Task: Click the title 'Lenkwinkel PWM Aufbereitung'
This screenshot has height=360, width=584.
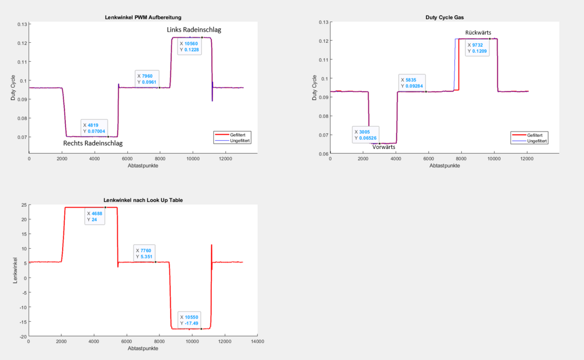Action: pyautogui.click(x=143, y=18)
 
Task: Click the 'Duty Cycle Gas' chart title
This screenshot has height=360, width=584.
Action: pyautogui.click(x=444, y=18)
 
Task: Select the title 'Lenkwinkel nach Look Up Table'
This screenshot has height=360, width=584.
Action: pyautogui.click(x=143, y=200)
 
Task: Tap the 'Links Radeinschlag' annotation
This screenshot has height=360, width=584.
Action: pyautogui.click(x=194, y=30)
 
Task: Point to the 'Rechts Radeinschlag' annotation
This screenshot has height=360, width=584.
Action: pyautogui.click(x=93, y=144)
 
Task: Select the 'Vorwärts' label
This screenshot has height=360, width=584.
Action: pyautogui.click(x=383, y=147)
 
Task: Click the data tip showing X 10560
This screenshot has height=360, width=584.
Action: pyautogui.click(x=189, y=46)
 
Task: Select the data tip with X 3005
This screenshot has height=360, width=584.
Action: pyautogui.click(x=366, y=135)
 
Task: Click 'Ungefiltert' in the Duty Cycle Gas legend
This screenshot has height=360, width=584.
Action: pyautogui.click(x=537, y=141)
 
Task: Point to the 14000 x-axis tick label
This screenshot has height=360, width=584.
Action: pyautogui.click(x=257, y=342)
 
